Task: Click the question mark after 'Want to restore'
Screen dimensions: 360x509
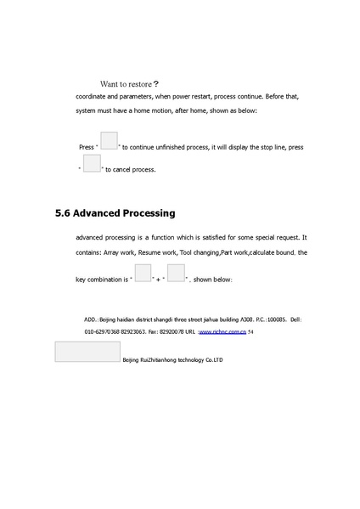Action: (155, 84)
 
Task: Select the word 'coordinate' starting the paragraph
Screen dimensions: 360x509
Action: (93, 96)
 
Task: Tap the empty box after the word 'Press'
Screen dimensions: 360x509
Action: (109, 141)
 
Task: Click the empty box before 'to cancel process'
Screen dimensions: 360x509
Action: (92, 163)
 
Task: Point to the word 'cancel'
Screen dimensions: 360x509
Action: (125, 170)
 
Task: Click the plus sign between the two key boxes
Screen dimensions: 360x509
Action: (159, 279)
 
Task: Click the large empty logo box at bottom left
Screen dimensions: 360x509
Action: (87, 352)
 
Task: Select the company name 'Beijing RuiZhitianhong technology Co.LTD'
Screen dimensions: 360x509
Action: (172, 360)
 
